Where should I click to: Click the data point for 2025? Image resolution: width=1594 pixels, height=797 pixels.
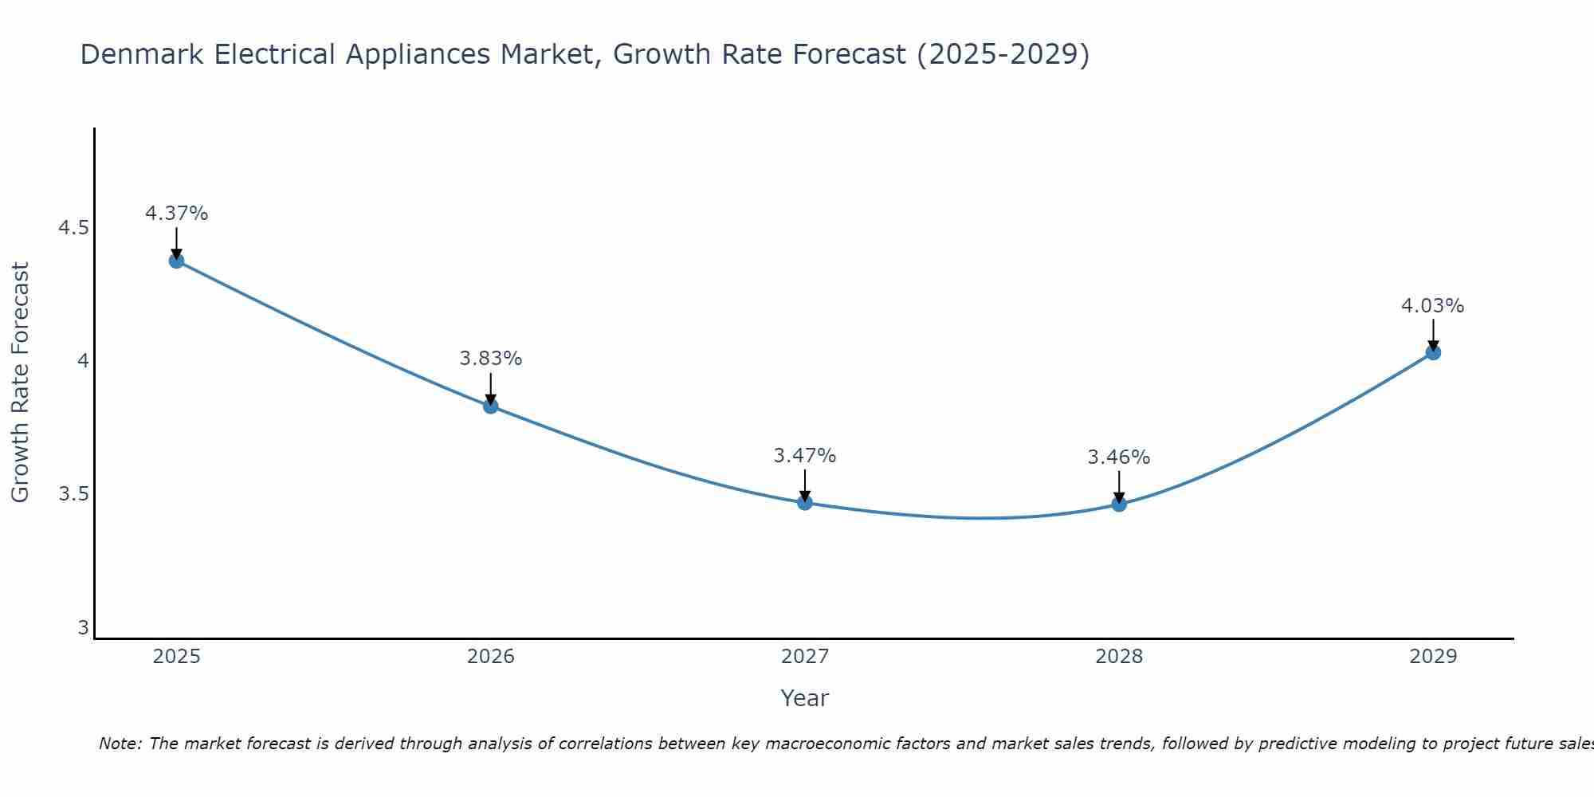coord(177,261)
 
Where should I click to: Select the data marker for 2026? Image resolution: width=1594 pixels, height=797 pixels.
coord(491,406)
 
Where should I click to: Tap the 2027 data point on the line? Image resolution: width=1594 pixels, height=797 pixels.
coord(805,502)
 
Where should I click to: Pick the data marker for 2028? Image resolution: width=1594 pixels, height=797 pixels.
coord(1119,504)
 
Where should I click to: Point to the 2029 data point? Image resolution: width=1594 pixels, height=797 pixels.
coord(1433,352)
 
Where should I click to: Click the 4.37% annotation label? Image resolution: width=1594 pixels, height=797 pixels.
coord(177,214)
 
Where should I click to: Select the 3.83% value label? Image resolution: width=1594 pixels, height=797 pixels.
coord(491,359)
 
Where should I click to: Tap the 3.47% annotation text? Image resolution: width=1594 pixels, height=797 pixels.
coord(805,456)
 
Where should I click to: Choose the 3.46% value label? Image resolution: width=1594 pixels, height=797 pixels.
coord(1119,457)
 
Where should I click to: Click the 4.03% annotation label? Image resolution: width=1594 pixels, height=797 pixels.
coord(1433,306)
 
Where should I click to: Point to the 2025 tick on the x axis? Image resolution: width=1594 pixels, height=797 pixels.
coord(177,657)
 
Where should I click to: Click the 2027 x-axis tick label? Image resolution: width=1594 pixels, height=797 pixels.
coord(805,657)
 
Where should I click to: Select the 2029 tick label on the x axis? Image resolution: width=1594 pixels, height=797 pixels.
coord(1433,657)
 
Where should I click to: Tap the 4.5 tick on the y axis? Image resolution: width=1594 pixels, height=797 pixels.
coord(73,228)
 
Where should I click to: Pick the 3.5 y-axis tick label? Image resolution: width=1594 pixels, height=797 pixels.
coord(73,494)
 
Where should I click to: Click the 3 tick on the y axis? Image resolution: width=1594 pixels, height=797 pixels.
coord(83,628)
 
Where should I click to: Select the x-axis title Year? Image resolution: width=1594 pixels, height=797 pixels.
coord(805,698)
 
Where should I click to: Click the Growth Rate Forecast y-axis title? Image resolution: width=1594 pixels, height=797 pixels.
coord(20,383)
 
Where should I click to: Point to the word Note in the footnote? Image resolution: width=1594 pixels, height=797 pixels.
coord(120,744)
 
